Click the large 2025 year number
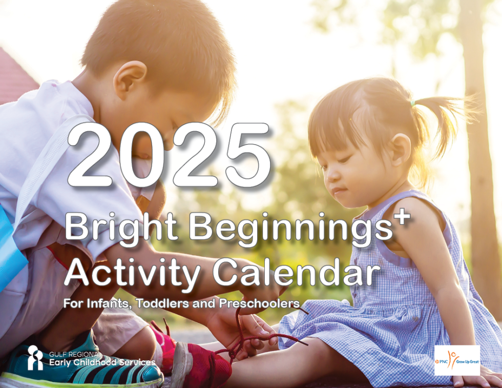(169, 155)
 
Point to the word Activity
(132, 274)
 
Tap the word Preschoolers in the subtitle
(259, 303)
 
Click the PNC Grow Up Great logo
(457, 360)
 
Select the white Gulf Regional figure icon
(35, 358)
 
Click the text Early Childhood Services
(102, 363)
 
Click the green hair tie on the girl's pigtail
(413, 104)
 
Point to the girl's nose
(331, 175)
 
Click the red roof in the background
(15, 77)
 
